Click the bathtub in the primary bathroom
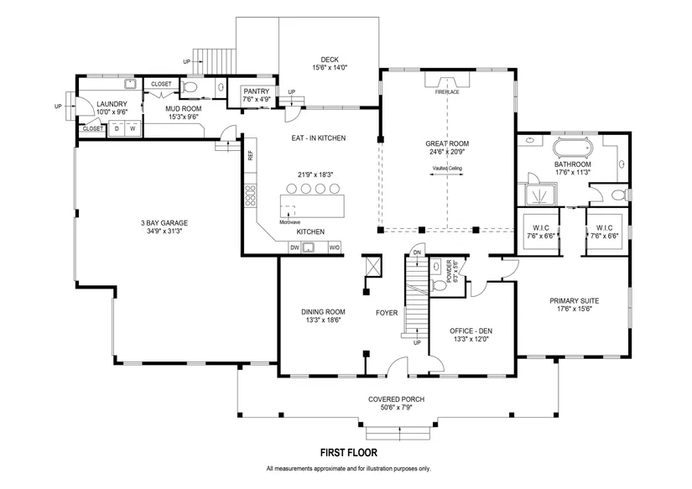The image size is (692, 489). [573, 148]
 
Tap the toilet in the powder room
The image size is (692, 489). [438, 285]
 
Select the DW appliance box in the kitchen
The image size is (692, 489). [294, 247]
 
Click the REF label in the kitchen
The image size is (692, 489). [251, 155]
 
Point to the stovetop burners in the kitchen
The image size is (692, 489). [250, 195]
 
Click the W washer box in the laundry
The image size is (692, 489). [133, 128]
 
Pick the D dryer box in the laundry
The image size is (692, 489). [117, 128]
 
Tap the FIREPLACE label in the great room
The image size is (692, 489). [447, 92]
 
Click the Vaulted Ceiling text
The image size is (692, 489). [447, 168]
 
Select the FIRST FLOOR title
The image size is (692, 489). [349, 452]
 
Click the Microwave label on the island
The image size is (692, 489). [290, 222]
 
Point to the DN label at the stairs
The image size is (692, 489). [417, 252]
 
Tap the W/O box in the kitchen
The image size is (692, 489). [335, 247]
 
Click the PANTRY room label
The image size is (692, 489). [257, 91]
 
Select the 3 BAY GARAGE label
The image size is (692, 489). [164, 223]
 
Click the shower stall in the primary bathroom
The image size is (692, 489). [537, 195]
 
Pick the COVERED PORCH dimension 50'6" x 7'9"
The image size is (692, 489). [396, 408]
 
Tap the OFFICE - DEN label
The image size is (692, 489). [471, 330]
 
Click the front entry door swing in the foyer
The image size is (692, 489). [398, 366]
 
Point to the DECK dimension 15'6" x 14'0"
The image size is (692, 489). [330, 68]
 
